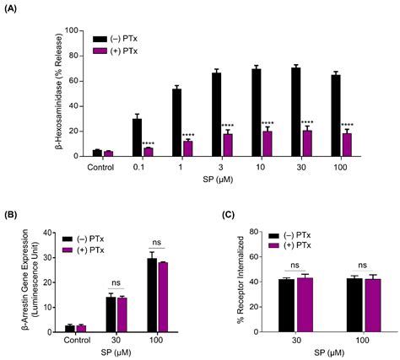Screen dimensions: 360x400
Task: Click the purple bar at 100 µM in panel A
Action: point(346,145)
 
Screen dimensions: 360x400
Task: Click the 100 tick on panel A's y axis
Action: point(72,30)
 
